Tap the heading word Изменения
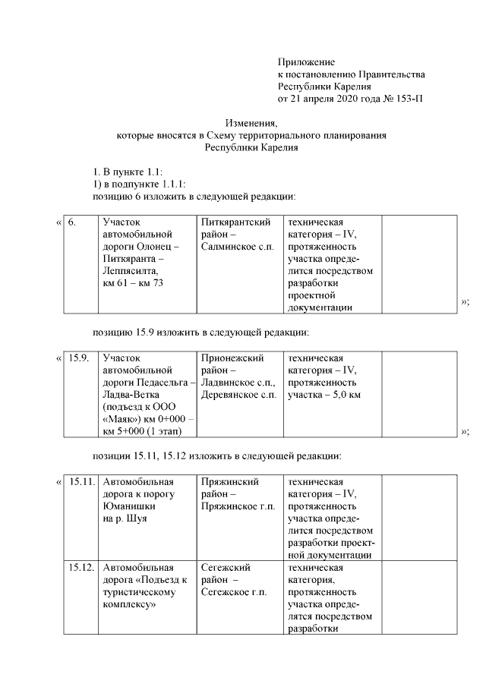pos(251,123)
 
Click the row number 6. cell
pos(72,223)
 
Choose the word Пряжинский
pos(230,482)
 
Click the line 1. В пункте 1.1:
pos(128,171)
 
